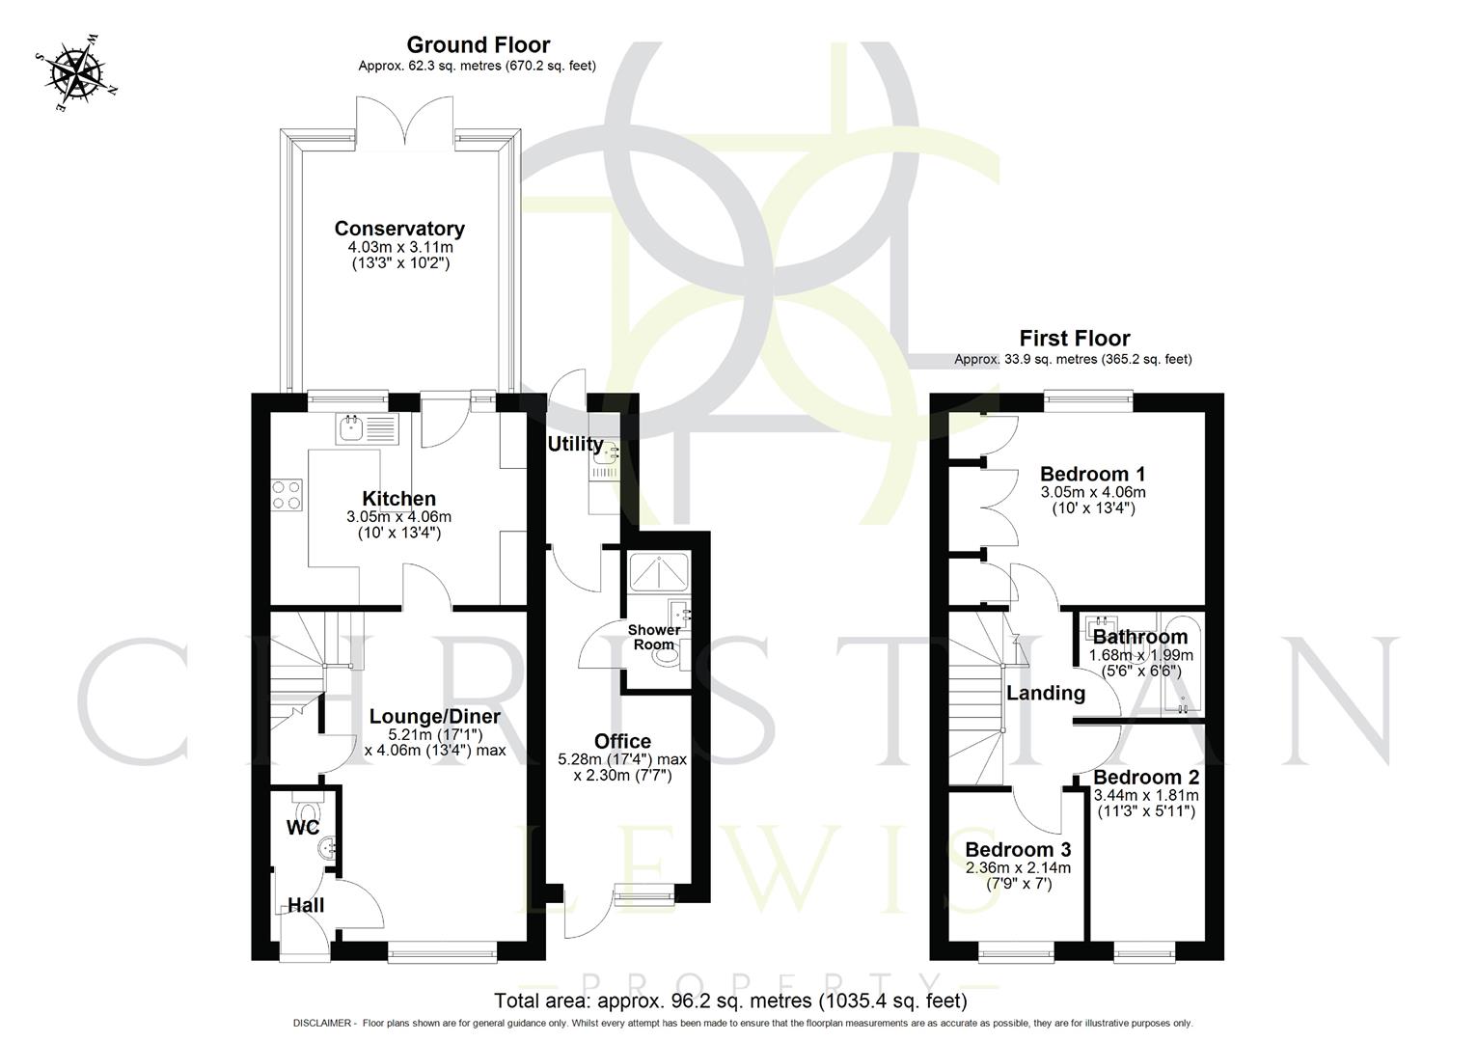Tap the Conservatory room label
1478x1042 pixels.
399,229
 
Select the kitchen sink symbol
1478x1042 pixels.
367,427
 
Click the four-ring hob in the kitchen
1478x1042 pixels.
287,495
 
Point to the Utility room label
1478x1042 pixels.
575,444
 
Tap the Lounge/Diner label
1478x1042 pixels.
435,716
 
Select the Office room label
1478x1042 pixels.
622,741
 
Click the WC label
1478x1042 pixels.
302,828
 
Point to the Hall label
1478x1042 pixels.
306,905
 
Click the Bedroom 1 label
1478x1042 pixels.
1092,474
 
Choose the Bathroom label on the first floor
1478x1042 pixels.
1139,637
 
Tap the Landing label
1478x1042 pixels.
1045,693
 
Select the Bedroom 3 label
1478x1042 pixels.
1018,850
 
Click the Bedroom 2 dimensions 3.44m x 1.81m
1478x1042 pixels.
1145,795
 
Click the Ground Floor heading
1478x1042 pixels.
478,44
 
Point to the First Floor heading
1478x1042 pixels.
1074,338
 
